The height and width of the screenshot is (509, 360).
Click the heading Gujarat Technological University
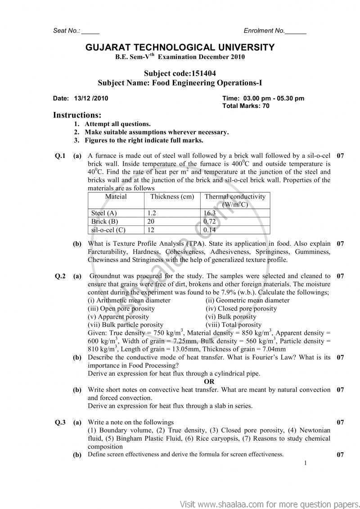[180, 47]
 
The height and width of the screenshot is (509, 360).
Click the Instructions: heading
[77, 115]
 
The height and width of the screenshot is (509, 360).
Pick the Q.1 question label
[60, 156]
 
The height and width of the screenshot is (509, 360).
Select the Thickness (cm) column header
[172, 197]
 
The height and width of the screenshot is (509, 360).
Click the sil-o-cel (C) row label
[108, 230]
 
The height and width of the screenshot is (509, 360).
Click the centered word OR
[209, 382]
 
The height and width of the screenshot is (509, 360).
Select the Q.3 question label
[60, 422]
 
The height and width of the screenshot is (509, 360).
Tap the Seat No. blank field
[90, 31]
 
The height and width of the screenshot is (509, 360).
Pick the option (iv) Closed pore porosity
[241, 309]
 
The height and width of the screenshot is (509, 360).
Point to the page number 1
[306, 463]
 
